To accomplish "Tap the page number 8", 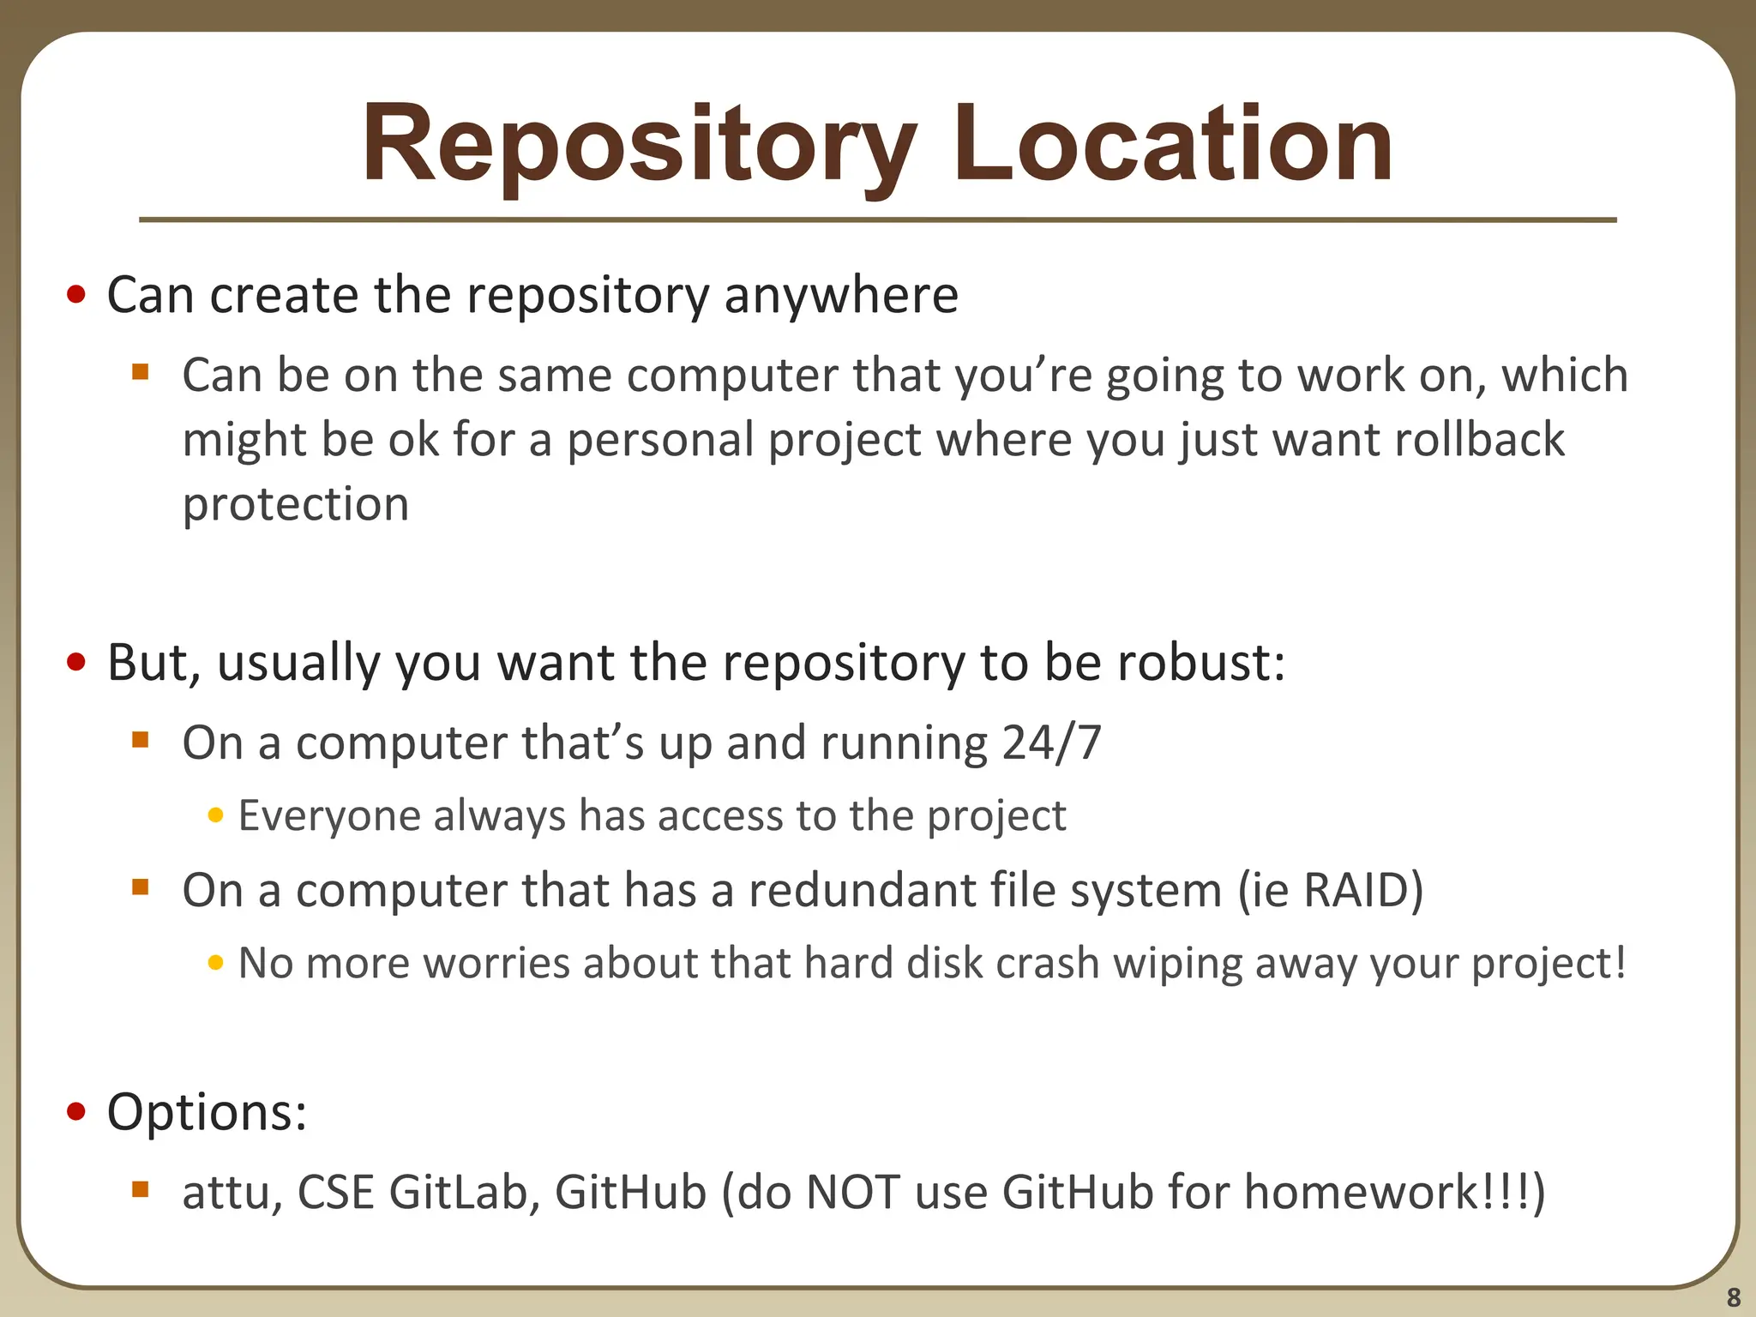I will (1733, 1296).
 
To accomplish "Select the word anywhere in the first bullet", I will (840, 295).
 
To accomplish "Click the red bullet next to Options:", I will (76, 1112).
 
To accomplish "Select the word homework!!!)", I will (1394, 1192).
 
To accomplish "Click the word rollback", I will (1479, 440).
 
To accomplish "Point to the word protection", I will (296, 504).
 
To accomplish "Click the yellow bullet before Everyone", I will (215, 815).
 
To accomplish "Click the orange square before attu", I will (141, 1190).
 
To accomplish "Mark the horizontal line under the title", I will (877, 220).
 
